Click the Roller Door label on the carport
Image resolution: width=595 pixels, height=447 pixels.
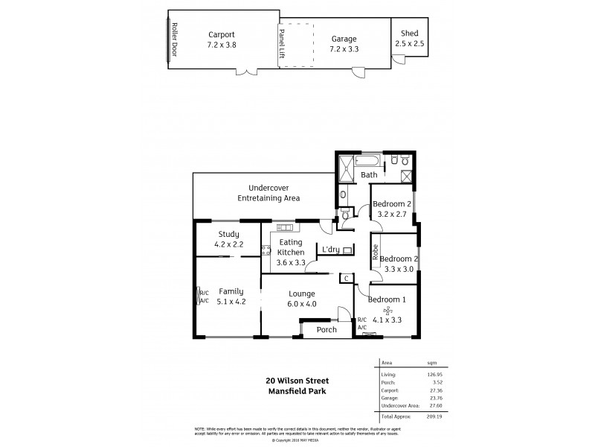(x=175, y=39)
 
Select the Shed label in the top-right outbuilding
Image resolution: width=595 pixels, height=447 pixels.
(x=409, y=34)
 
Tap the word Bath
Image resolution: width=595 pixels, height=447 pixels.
(x=369, y=175)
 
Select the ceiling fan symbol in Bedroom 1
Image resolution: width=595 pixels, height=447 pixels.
(x=386, y=310)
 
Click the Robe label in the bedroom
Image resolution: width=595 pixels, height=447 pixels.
(x=376, y=251)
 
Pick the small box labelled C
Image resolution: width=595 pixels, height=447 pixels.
(x=344, y=278)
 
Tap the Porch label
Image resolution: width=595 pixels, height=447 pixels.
(x=327, y=329)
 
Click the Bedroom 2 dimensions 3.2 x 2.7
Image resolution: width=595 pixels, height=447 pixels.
(x=392, y=214)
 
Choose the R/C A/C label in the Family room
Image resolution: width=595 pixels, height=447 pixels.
(x=204, y=297)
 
